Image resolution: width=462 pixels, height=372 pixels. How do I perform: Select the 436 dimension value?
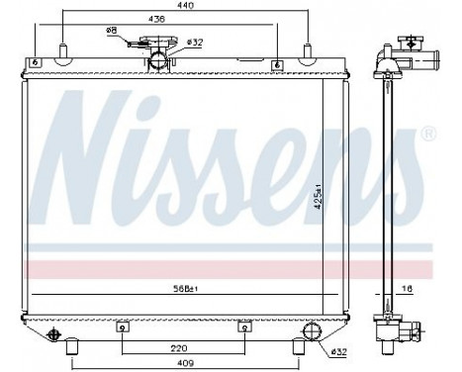click(156, 20)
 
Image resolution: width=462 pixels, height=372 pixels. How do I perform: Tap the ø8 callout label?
click(112, 32)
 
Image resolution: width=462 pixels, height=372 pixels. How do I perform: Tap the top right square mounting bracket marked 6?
click(277, 64)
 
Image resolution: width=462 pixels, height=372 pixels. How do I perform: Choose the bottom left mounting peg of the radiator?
click(72, 345)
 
